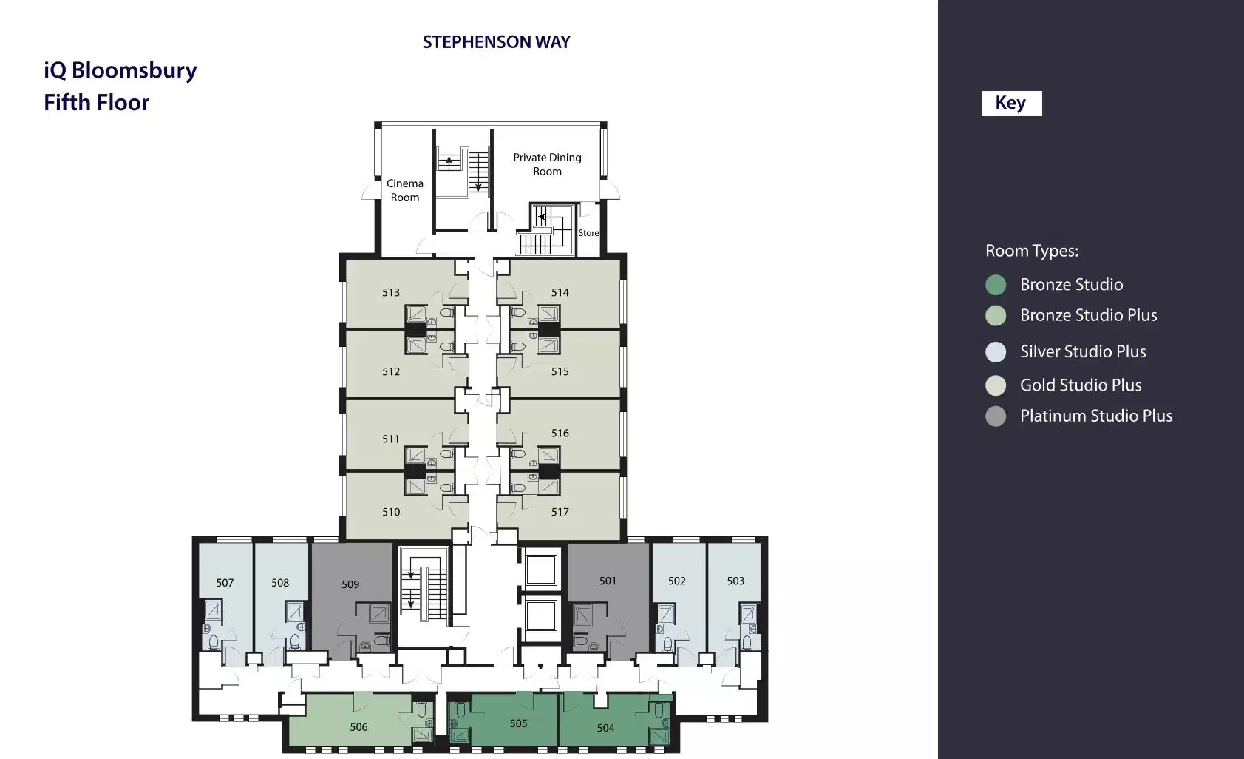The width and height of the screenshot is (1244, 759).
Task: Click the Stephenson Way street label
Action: click(x=497, y=42)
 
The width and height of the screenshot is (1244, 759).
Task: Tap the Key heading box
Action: click(x=1011, y=104)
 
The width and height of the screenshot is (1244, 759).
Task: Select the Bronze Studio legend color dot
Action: click(x=996, y=285)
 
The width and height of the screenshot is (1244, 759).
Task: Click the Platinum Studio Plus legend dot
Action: click(x=996, y=416)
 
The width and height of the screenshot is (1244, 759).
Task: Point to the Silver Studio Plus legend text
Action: click(x=1083, y=351)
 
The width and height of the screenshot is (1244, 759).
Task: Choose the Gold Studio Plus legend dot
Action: click(x=996, y=385)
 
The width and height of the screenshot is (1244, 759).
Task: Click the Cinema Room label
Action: click(x=405, y=190)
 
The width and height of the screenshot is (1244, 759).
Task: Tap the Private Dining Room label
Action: click(x=547, y=164)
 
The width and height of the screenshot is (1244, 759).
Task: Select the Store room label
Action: click(x=588, y=233)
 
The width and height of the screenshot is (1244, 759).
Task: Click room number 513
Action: click(x=391, y=292)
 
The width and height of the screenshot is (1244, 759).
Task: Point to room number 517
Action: click(x=560, y=512)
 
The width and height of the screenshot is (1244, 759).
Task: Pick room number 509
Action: click(x=350, y=584)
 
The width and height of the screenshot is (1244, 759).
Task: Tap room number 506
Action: click(x=358, y=726)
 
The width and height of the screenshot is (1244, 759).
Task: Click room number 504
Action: click(x=605, y=728)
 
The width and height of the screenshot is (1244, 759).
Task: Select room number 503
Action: click(x=735, y=581)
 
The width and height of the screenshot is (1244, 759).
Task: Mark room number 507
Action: click(x=225, y=583)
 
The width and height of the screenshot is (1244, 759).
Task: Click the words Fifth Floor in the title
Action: click(x=97, y=103)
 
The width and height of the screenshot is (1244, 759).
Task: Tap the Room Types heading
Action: click(x=1032, y=251)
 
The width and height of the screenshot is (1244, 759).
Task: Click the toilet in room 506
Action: click(x=421, y=710)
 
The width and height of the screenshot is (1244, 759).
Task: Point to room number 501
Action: click(x=608, y=581)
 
